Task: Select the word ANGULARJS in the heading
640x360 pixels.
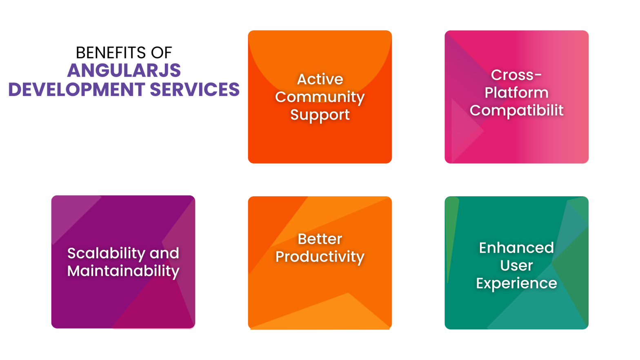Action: (x=124, y=71)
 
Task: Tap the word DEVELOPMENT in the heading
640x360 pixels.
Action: (x=76, y=90)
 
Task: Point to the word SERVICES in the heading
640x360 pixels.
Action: (x=195, y=90)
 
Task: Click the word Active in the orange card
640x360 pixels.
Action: (x=320, y=79)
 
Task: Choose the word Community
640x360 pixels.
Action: (x=320, y=97)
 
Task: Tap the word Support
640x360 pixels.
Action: (x=320, y=115)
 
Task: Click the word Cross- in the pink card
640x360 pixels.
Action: (x=516, y=75)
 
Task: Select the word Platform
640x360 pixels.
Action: (x=516, y=93)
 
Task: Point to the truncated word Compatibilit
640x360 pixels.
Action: (x=516, y=110)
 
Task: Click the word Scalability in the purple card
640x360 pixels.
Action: (x=106, y=253)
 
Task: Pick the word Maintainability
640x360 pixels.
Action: (x=123, y=271)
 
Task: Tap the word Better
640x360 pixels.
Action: (x=320, y=239)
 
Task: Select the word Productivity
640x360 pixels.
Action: (x=320, y=257)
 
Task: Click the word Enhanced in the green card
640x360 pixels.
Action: (x=516, y=248)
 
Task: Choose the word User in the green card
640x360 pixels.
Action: (x=516, y=266)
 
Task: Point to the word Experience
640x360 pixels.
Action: (x=516, y=283)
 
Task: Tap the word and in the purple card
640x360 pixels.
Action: (x=164, y=253)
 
